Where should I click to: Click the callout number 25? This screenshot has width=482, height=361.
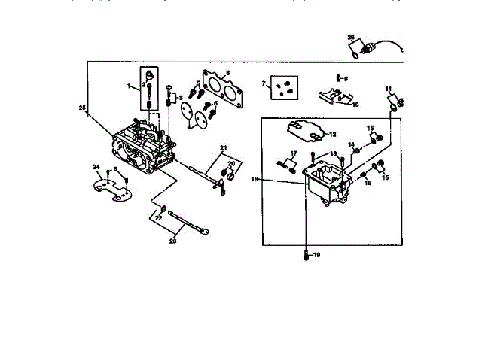(x=82, y=108)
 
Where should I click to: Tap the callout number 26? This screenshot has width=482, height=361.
(x=350, y=36)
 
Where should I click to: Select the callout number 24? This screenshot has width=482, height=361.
(x=96, y=166)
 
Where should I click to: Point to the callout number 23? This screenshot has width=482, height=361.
(x=172, y=241)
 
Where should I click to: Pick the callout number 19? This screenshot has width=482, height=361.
(x=317, y=256)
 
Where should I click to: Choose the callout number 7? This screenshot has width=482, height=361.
(x=264, y=83)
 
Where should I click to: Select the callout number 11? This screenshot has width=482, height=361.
(x=389, y=89)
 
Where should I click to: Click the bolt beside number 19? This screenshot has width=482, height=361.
(x=306, y=256)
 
